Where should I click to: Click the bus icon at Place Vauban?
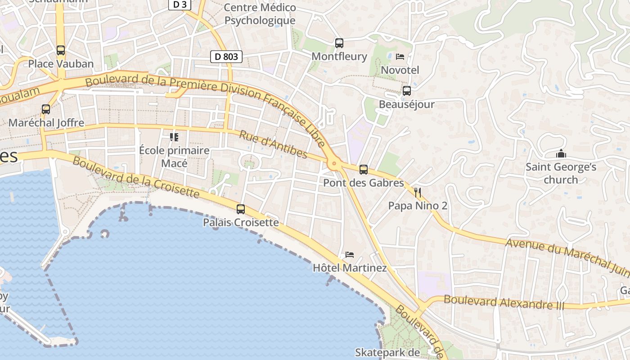click(61, 50)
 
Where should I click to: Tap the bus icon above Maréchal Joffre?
click(46, 109)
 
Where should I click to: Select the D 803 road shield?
click(226, 57)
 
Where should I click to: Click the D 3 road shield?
click(180, 4)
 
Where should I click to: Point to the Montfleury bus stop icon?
click(339, 43)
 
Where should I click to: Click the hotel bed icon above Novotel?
click(400, 57)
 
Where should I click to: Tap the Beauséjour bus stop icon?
click(407, 91)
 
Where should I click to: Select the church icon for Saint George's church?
click(561, 154)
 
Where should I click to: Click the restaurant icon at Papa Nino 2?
click(418, 193)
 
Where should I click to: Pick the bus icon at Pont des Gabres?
click(364, 170)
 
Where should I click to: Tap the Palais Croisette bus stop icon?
click(241, 209)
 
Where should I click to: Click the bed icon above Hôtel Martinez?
click(350, 255)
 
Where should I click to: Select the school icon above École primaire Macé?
click(174, 137)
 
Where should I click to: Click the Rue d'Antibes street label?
click(273, 145)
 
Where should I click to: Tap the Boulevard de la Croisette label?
click(135, 177)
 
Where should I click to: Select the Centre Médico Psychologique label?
click(260, 14)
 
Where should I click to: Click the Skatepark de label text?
click(387, 352)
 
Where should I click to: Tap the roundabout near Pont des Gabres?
click(334, 164)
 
